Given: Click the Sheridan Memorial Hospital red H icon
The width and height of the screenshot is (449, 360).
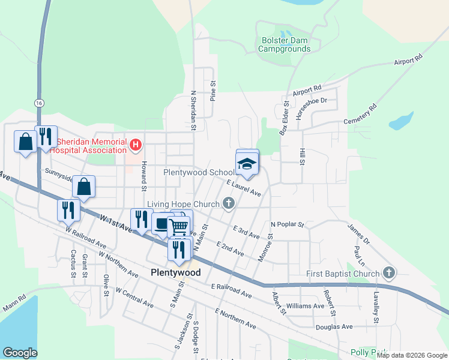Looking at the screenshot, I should [136, 144].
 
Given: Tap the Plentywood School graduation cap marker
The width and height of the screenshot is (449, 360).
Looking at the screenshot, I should [247, 163].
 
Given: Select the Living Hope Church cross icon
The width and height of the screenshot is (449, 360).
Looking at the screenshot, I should [228, 204].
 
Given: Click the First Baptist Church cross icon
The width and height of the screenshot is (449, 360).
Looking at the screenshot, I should [388, 274].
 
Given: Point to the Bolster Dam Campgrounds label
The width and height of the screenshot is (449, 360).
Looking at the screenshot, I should [285, 44].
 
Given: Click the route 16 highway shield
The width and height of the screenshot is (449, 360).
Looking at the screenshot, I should [39, 103].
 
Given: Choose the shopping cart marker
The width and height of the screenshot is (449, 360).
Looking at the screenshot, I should [179, 226].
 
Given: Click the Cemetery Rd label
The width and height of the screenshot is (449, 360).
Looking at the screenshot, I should [360, 115].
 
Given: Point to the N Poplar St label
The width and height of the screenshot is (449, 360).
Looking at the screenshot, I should [288, 224].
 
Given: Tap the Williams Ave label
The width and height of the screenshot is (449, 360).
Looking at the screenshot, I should [305, 306].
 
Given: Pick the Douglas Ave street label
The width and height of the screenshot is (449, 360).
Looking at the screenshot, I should [334, 327].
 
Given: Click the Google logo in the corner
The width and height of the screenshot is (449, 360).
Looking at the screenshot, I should [20, 353].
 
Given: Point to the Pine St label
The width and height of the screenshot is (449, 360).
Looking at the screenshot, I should [212, 89].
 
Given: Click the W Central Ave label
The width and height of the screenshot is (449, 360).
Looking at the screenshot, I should [134, 298].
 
